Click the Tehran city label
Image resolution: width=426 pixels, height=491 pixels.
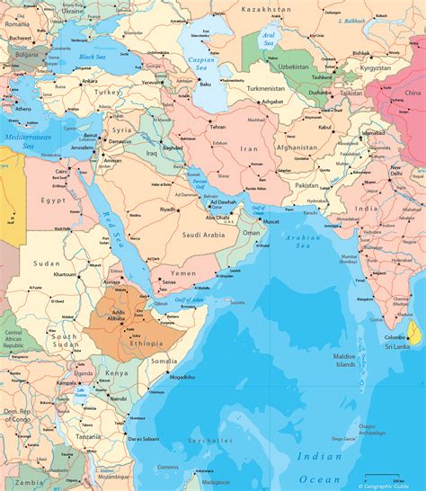pyautogui.click(x=217, y=127)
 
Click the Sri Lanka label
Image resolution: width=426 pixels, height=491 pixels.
pyautogui.click(x=398, y=344)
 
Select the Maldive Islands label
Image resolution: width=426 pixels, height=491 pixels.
pyautogui.click(x=346, y=361)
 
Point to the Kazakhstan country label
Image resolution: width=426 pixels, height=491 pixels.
pyautogui.click(x=267, y=7)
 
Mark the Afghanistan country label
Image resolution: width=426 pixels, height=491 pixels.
pyautogui.click(x=296, y=147)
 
